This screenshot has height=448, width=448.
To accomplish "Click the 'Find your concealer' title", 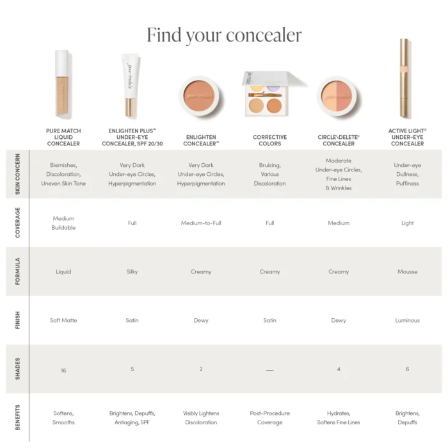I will click(x=224, y=35).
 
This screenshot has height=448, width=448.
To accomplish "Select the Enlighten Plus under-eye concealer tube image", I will click(x=131, y=85).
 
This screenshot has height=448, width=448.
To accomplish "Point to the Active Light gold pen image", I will click(x=404, y=79).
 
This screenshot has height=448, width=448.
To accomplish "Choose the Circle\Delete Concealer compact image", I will click(x=339, y=97).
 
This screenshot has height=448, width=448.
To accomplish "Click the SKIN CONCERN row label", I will click(x=17, y=174).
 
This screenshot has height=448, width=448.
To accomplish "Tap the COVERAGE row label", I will click(x=17, y=223).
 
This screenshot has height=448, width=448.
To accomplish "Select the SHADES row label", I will click(x=17, y=369).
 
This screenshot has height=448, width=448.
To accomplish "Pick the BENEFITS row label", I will click(x=17, y=417).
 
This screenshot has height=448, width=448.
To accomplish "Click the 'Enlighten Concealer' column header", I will click(x=201, y=140).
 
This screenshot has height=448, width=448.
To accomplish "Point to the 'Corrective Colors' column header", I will click(x=270, y=140).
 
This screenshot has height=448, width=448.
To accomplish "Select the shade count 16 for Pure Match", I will click(x=63, y=371).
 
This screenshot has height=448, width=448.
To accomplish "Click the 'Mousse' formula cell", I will click(x=407, y=272).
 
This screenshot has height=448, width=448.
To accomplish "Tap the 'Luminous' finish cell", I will click(x=407, y=321).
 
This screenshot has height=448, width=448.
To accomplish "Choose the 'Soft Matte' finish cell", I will click(x=63, y=321).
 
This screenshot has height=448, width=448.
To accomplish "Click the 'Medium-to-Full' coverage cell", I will click(x=201, y=223).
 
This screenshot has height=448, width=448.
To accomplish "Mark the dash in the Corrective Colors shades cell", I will click(x=270, y=371).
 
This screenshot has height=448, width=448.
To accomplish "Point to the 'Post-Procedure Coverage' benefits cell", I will click(x=270, y=418).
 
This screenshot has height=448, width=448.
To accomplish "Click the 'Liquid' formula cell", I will click(x=63, y=272).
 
